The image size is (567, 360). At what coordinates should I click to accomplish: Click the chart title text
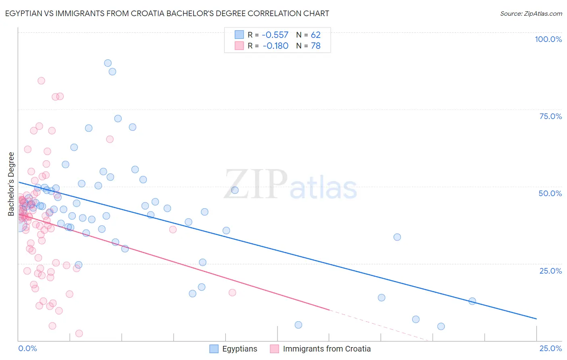coord(167,13)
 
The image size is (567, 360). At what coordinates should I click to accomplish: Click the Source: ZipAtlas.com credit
coord(531,13)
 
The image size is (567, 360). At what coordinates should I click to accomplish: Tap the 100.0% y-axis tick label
coord(548,39)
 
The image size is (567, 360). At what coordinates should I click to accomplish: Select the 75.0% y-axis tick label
coord(550,116)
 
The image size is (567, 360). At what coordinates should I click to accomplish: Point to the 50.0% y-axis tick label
coord(550,193)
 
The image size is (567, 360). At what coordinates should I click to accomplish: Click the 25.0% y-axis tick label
coord(550,270)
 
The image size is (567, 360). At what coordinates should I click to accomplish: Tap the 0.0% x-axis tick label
coord(27,348)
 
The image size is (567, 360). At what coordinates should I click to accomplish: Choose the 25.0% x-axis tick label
coord(550,348)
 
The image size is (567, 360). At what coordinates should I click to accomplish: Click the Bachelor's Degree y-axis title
coord(11,184)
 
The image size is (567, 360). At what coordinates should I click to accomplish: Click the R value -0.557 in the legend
coord(275,35)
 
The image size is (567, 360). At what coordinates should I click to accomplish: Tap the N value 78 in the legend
coord(316,46)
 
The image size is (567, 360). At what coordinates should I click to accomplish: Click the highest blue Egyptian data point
coord(108,63)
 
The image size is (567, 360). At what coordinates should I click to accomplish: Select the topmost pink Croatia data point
coord(41,81)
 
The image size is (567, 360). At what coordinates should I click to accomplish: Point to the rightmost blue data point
coord(472,301)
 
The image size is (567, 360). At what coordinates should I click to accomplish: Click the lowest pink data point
coord(79,333)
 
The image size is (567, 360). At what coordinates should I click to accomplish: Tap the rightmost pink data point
coord(232,293)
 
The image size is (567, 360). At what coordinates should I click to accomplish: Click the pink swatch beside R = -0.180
coord(239,46)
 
